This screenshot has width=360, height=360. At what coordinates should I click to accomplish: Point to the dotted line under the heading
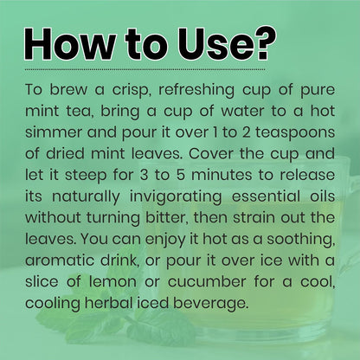(x=145, y=69)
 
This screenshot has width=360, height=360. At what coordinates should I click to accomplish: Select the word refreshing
(x=196, y=90)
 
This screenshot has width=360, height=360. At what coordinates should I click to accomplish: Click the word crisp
(x=132, y=90)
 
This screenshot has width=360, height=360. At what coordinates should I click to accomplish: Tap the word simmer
(x=54, y=132)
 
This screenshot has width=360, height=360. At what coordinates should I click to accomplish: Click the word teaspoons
(x=295, y=133)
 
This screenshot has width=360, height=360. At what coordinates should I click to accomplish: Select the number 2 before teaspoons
(x=246, y=132)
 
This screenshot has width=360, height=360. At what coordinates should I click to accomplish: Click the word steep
(x=86, y=176)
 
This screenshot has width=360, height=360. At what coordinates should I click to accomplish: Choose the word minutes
(x=222, y=175)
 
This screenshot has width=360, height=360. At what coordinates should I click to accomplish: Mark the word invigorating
(x=176, y=197)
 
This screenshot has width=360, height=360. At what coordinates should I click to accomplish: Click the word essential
(x=266, y=196)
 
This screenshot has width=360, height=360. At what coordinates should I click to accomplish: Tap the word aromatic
(x=60, y=260)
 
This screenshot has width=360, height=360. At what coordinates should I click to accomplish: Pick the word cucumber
(x=207, y=282)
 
